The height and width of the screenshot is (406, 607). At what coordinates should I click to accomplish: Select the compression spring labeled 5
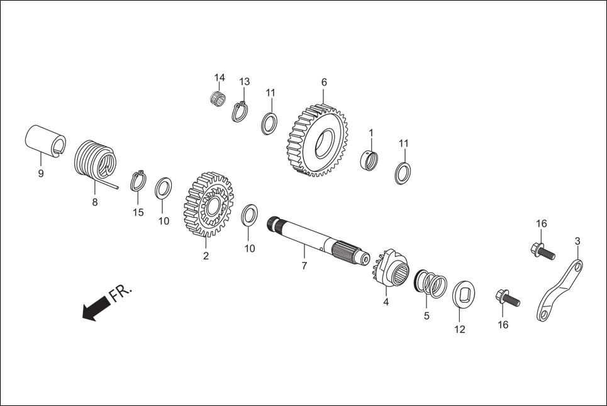point(432,283)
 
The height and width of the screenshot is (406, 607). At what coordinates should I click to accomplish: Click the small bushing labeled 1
point(371,160)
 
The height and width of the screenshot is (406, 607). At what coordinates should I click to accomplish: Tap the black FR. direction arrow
point(94,310)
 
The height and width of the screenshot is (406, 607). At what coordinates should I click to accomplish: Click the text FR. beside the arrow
point(121,293)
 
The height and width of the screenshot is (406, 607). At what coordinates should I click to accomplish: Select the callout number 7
point(304,266)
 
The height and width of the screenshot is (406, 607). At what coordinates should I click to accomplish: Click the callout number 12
point(460,329)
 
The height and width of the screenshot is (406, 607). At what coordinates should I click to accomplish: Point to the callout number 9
point(41,174)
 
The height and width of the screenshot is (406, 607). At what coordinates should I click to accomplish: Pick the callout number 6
point(324,82)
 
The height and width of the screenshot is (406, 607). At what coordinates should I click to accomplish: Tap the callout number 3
point(577,240)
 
